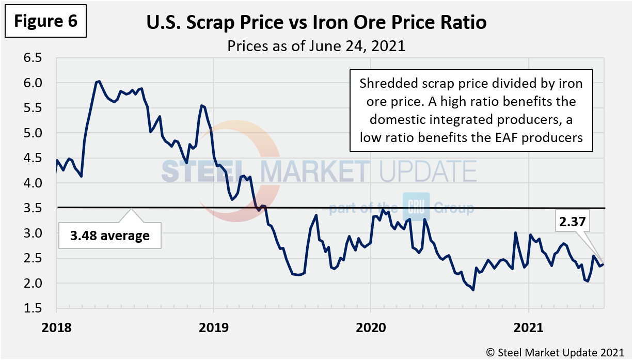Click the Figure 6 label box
[x=45, y=21]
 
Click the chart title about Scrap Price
[x=316, y=23]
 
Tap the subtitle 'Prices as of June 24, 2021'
[x=316, y=46]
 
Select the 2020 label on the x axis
[x=371, y=328]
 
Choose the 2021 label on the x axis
[x=528, y=328]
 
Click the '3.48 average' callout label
[x=109, y=236]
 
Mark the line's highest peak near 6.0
[x=99, y=81]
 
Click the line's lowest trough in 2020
[x=473, y=290]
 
